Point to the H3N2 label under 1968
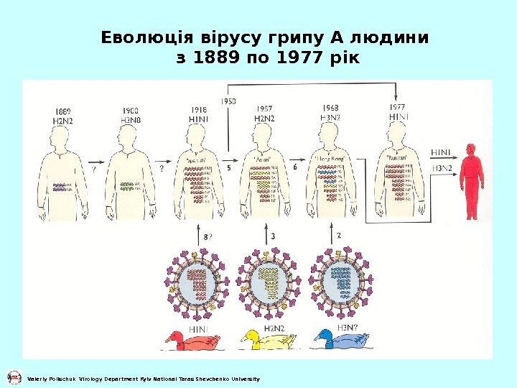(x=330, y=116)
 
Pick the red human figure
(x=471, y=181)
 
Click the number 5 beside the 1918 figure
(x=228, y=167)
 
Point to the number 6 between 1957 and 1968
(x=294, y=167)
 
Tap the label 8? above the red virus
(x=207, y=236)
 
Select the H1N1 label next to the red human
(x=441, y=152)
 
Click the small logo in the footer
(x=13, y=378)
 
